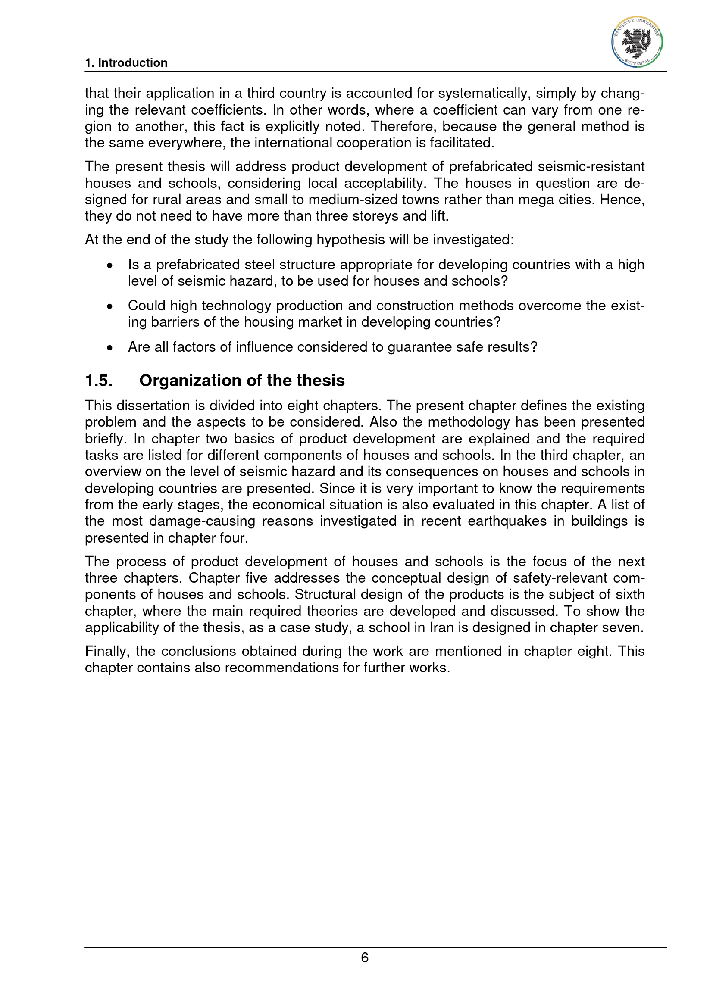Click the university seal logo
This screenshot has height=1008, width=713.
click(637, 42)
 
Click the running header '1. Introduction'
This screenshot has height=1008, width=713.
click(126, 63)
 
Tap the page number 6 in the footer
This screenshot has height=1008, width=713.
click(364, 958)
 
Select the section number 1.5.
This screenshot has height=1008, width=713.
click(99, 380)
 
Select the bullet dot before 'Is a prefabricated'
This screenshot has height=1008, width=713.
click(110, 265)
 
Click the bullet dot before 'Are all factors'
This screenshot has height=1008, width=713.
click(110, 348)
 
